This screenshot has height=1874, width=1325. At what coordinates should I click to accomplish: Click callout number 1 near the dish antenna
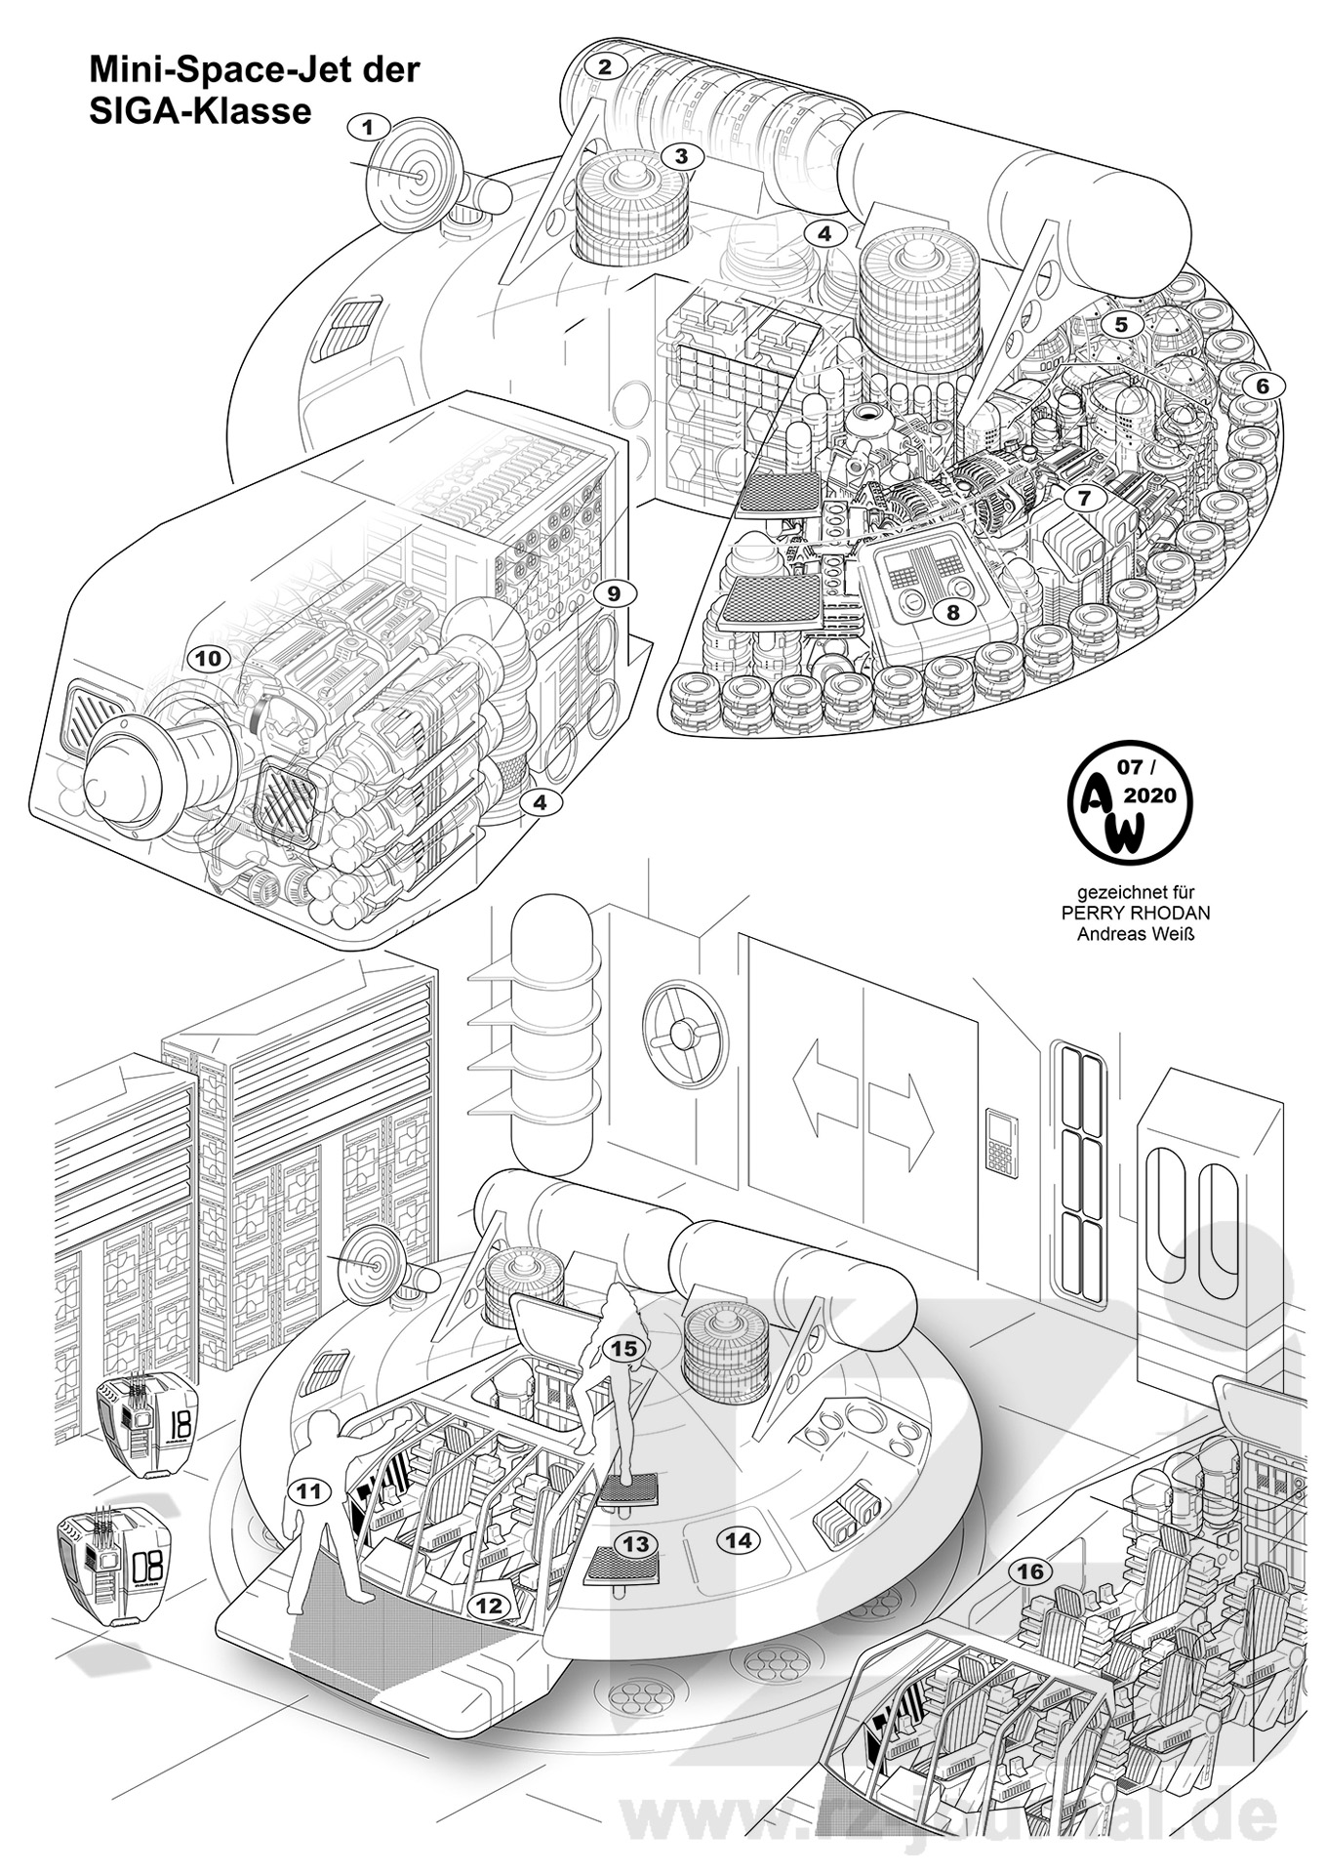tap(368, 127)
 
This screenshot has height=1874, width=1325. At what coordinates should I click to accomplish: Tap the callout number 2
tap(605, 67)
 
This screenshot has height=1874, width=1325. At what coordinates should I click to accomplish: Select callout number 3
tap(681, 155)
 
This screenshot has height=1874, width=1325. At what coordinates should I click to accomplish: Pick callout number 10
tap(207, 659)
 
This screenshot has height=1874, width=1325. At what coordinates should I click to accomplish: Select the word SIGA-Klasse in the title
tap(200, 111)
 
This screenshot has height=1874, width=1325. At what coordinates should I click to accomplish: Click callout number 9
tap(613, 593)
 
